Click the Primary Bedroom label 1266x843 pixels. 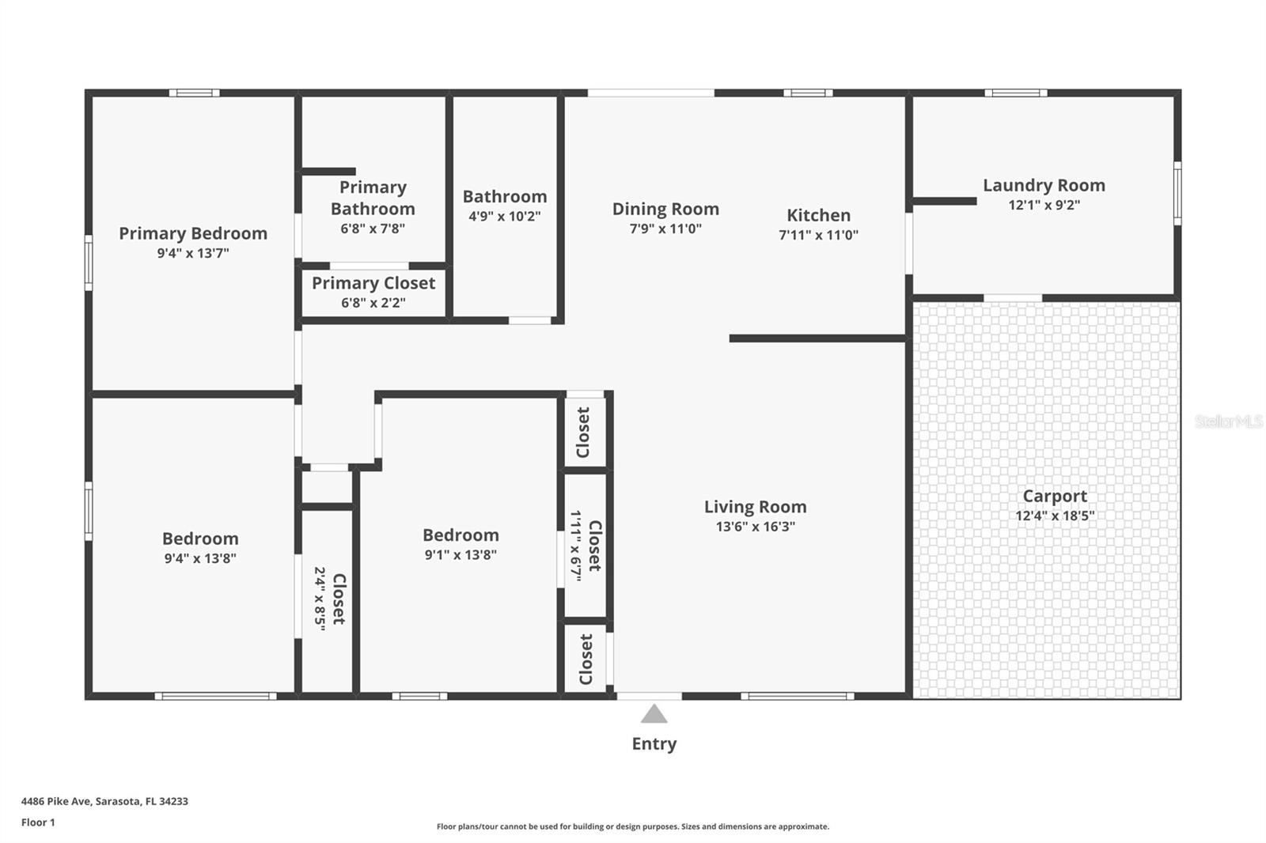193,233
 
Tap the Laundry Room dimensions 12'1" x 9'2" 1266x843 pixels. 1044,205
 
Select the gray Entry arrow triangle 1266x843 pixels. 654,715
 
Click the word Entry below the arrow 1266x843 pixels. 654,743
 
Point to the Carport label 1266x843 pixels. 1055,496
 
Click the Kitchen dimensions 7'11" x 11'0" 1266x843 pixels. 818,235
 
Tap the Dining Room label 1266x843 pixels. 665,209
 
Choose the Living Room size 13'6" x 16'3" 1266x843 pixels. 755,527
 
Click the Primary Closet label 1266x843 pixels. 373,283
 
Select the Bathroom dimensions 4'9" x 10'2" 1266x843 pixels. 504,216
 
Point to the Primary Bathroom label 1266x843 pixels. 373,198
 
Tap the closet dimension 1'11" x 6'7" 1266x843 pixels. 576,546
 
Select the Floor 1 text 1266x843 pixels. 38,822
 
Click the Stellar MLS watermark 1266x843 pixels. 1228,421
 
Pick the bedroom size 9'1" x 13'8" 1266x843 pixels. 461,555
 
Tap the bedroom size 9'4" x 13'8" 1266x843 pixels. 200,558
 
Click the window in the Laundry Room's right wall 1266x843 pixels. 1177,193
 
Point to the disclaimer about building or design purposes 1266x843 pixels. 632,826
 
